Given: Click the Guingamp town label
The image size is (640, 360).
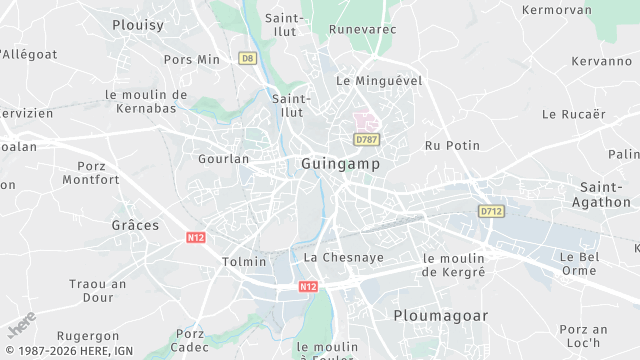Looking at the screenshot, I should coord(339,162).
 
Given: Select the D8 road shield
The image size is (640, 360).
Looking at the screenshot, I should coord(247,58).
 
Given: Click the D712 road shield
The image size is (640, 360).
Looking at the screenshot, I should coord(490,211).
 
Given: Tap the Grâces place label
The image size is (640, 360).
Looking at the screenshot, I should coord(135,225).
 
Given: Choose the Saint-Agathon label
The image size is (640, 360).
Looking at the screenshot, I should coord(603,194).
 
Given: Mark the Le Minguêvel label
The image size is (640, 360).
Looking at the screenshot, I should coord(379,80).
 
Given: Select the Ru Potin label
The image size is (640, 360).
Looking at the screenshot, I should coord(452,145).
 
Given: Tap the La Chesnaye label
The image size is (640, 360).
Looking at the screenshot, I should coord(343,257).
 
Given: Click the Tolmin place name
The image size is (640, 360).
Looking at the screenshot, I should coord(243,262).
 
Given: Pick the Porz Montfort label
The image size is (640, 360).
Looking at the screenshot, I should coord(91,173).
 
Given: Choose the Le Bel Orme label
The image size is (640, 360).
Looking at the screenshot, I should coord(578,263).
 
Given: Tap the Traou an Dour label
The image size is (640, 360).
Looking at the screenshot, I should coord(98,290).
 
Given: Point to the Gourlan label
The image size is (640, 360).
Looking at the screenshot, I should coord(223,159).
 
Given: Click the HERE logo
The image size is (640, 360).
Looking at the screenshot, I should coord(22,326).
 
